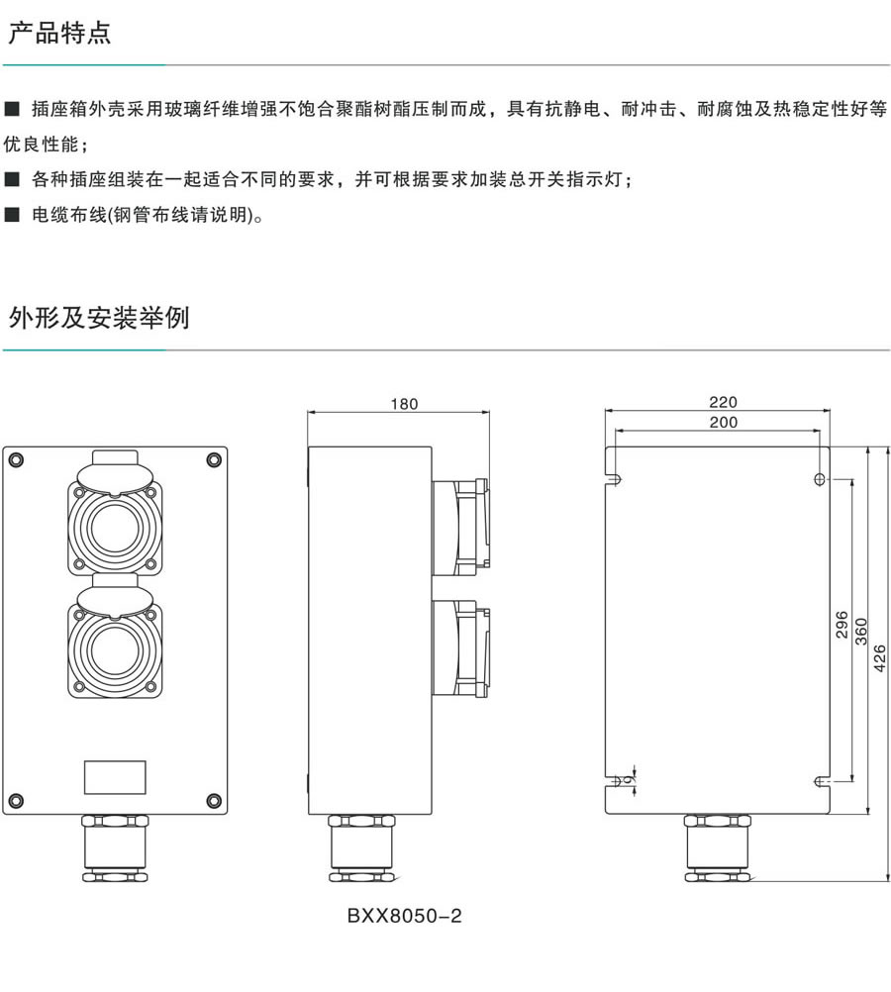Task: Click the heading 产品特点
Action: coord(59,33)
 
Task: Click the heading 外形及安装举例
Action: coord(98,318)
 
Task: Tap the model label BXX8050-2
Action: coord(404,916)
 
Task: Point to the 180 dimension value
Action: coord(404,404)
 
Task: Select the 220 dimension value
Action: coord(723,402)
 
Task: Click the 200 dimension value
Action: coord(723,422)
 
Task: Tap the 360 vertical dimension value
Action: coord(861,630)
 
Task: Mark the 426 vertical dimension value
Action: coord(880,657)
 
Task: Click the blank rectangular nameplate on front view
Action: coord(115,776)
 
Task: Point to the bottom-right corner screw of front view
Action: coord(213,800)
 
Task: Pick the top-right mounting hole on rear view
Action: coord(819,479)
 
